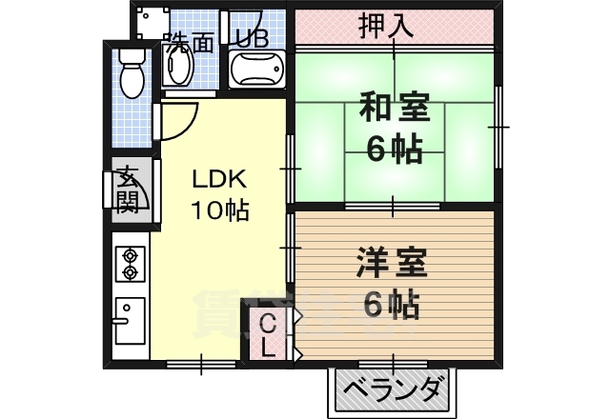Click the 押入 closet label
coord(385,27)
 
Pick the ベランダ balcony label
coord(393,390)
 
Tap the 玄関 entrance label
coord(128,189)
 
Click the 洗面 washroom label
coord(188,42)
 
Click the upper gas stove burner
coord(130,255)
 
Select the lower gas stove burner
coord(130,272)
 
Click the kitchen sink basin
coord(130,318)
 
